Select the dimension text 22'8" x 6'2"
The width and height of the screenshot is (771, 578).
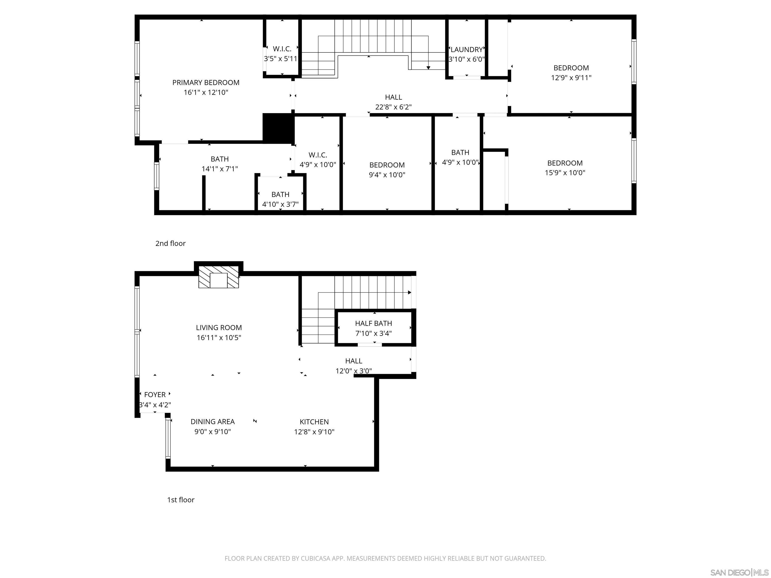click(393, 107)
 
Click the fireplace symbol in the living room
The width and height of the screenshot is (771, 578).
click(219, 280)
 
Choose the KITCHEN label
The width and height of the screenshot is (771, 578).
click(314, 421)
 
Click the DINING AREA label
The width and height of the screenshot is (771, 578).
click(212, 421)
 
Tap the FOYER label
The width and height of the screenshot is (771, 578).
click(155, 394)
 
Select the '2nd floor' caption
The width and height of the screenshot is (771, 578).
click(170, 243)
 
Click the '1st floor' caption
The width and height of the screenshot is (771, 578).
click(180, 500)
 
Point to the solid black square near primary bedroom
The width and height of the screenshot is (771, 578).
click(278, 128)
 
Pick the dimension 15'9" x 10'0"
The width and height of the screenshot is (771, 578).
click(565, 172)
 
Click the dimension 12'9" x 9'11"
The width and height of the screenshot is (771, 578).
click(571, 78)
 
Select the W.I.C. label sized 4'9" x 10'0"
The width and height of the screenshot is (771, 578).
click(317, 155)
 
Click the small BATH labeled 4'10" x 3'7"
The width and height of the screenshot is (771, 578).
click(280, 194)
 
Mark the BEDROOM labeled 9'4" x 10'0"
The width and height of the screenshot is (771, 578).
click(387, 165)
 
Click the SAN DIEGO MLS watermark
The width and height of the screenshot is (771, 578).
click(739, 572)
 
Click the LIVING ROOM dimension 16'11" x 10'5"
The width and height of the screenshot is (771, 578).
click(219, 337)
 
